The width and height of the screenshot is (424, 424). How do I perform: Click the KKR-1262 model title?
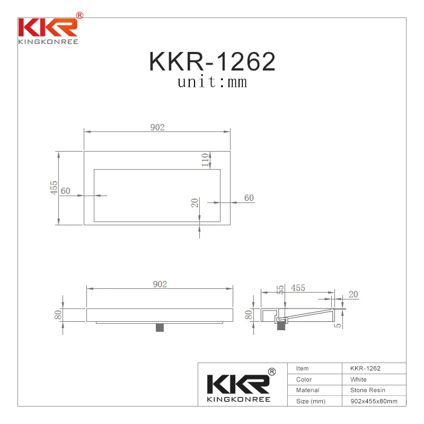tap(212, 62)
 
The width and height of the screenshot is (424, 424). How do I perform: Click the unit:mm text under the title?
tap(212, 82)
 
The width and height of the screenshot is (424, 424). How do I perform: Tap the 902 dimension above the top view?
tap(157, 127)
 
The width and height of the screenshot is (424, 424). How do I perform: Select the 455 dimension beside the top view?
tap(54, 188)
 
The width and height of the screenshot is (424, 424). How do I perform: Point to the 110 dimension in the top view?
tap(205, 160)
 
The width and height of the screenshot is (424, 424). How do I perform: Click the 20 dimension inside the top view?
tap(195, 202)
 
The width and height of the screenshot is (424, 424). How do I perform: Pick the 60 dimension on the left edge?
tap(65, 191)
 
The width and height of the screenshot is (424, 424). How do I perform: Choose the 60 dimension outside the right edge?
tap(249, 198)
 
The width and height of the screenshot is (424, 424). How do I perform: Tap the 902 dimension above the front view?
tap(160, 284)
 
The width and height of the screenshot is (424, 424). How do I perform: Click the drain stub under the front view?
tap(160, 327)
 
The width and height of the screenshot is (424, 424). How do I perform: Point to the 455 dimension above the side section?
tap(298, 288)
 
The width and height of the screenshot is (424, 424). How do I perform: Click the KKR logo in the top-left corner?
tap(48, 29)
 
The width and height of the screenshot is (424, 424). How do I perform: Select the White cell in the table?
tap(358, 379)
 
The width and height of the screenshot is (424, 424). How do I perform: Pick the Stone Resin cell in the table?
tap(367, 390)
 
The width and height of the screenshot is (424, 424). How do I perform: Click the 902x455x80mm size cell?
tap(374, 401)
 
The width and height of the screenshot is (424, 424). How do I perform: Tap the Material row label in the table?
tap(307, 390)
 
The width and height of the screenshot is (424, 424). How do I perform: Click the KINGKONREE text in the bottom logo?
tap(238, 399)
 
